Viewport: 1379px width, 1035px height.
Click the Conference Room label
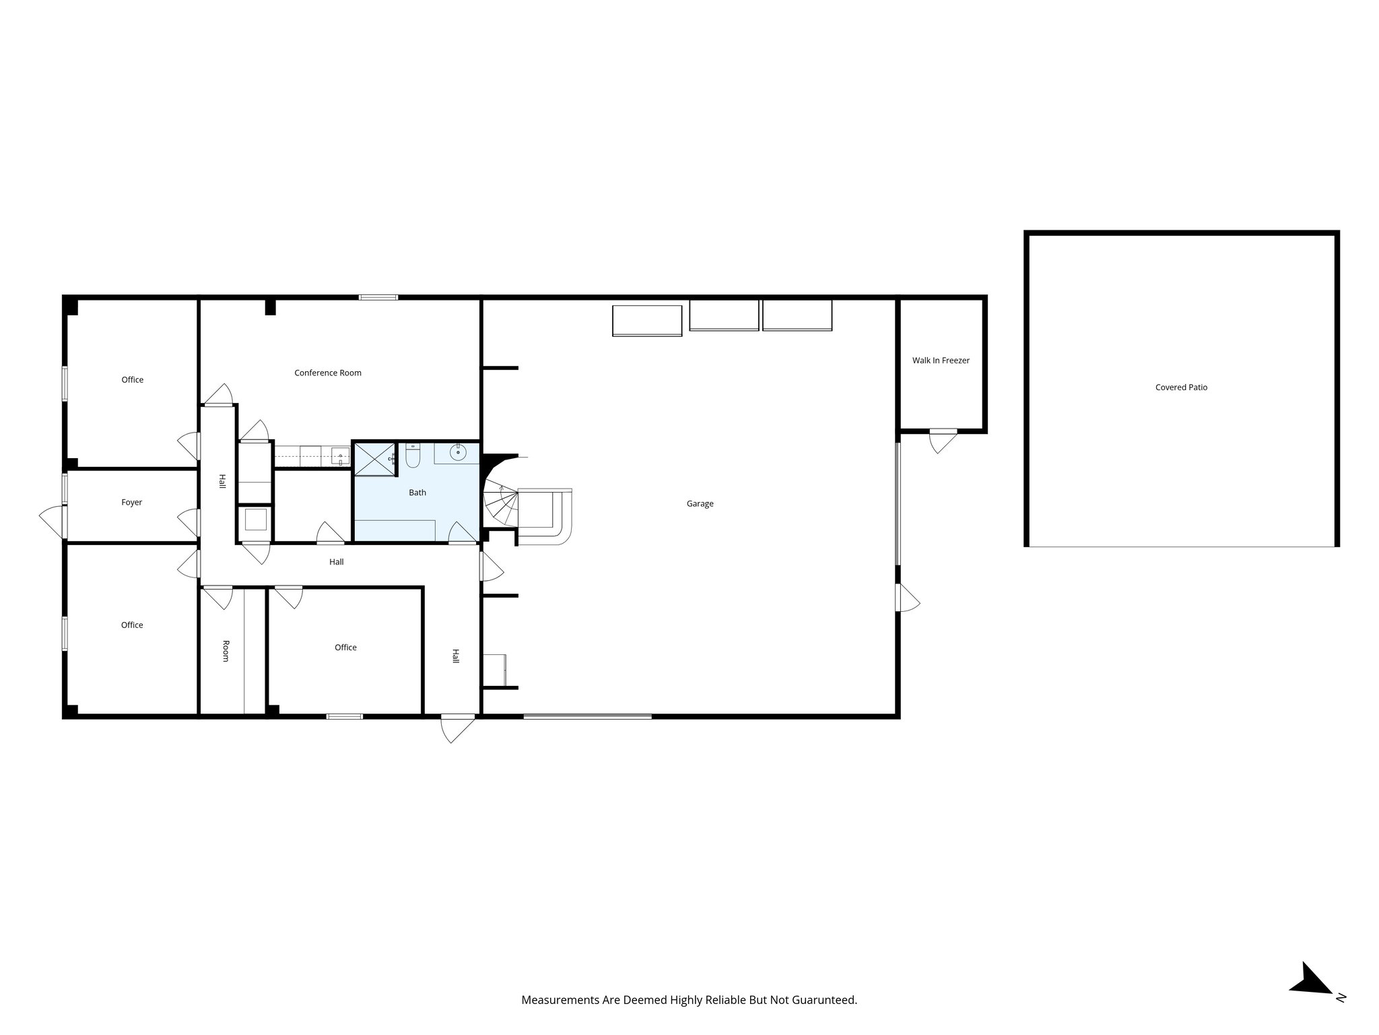tap(328, 373)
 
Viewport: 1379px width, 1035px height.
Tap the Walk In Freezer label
tap(941, 360)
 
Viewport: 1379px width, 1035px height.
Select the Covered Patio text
tap(1181, 387)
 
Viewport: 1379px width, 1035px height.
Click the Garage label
tap(700, 503)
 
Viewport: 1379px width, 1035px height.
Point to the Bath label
tap(417, 493)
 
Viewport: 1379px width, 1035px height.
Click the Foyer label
tap(132, 502)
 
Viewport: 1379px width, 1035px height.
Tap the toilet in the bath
tap(413, 457)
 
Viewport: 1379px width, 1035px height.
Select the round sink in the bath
tap(459, 453)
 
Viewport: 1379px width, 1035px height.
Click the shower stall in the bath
tap(375, 459)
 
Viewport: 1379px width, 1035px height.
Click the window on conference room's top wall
tap(378, 297)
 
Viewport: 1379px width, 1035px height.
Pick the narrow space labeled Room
tap(226, 651)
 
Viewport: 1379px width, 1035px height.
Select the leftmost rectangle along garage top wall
tap(647, 321)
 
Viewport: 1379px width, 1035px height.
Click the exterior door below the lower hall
tap(457, 728)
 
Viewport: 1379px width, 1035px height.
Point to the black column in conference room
tap(270, 307)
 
